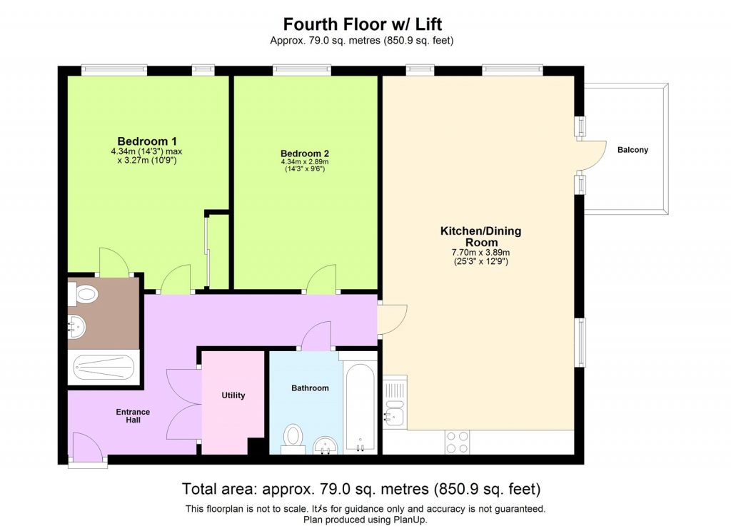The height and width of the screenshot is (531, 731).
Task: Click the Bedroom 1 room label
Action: [147, 141]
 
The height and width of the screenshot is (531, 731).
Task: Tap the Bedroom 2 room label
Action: [304, 153]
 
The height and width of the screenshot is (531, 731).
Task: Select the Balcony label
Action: [632, 150]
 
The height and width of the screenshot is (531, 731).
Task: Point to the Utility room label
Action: [233, 395]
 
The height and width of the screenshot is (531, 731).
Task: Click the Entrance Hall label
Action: [133, 416]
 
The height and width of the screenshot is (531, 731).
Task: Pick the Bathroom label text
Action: [310, 388]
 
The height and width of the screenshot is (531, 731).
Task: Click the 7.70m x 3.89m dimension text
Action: [480, 252]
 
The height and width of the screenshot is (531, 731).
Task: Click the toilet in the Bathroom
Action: [293, 438]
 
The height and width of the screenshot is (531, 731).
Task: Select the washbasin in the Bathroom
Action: [328, 444]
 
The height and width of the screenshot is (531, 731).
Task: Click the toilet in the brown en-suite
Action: [84, 293]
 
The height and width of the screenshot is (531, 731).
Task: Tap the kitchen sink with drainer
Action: [394, 403]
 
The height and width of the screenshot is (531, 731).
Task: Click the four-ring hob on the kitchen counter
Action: [457, 441]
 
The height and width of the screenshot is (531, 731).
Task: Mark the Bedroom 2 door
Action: [321, 279]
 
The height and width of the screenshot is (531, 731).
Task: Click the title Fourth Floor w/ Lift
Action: [362, 24]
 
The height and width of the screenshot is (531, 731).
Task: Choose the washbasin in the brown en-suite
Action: [76, 328]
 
